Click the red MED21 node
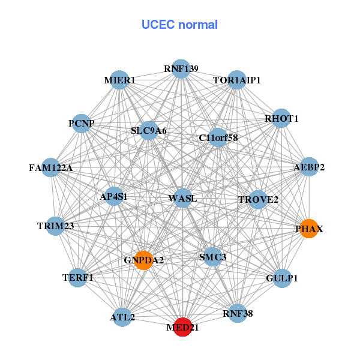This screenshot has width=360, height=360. coord(182,327)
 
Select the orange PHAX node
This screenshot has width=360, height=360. coord(309,229)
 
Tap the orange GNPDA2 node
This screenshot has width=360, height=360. coord(143,260)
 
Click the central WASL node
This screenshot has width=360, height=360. coord(182,198)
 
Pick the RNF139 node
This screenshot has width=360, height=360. coord(181,68)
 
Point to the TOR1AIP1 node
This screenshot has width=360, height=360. coord(237,80)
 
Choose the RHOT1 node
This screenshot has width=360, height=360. coord(281,119)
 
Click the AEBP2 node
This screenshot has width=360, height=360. coord(309,167)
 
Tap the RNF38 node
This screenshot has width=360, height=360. coord(237,313)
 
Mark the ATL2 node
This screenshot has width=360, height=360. coord(122,317)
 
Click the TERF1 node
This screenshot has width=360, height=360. coord(78,277)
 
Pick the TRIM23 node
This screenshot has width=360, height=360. coord(55,226)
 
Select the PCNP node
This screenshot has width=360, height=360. coord(82,124)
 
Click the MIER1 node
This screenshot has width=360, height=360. coord(119,80)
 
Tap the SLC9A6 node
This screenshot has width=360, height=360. coord(149,130)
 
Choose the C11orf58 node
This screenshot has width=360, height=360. coord(218,138)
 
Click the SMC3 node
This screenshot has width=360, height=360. coord(212,257)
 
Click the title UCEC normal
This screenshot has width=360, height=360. coord(179,25)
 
